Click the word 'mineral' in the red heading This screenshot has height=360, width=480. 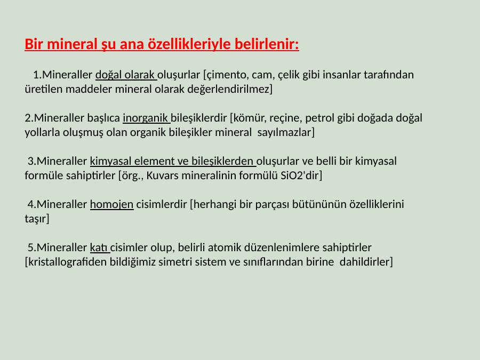72,44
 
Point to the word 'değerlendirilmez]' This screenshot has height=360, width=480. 230,89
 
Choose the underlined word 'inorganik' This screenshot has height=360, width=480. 146,118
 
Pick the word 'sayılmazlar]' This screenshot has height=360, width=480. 286,132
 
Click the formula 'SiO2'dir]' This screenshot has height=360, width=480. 301,175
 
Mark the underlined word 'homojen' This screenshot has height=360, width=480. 112,204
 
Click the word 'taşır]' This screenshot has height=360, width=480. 37,219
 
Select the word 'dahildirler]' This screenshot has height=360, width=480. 366,262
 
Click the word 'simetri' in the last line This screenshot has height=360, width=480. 174,262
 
